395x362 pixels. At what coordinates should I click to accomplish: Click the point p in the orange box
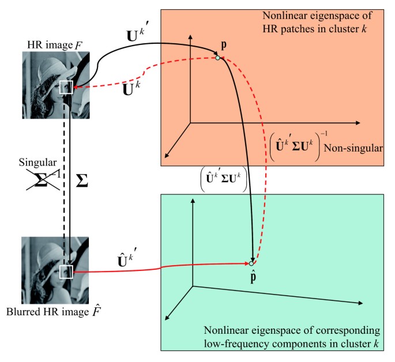tap(217, 58)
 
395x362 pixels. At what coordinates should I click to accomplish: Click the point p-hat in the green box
tap(251, 263)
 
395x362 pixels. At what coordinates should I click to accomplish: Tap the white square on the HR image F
tap(66, 88)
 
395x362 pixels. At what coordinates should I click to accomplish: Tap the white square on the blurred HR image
tap(66, 270)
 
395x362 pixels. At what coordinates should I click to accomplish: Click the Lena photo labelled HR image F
tap(56, 85)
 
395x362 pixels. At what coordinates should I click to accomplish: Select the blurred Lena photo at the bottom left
tap(56, 269)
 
